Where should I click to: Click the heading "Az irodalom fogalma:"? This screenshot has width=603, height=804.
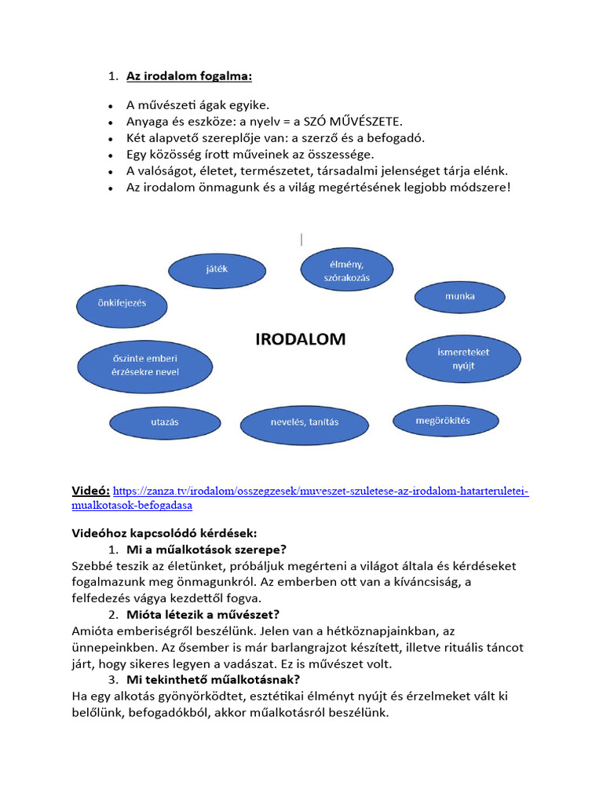189,76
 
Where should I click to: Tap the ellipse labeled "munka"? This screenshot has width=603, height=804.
460,297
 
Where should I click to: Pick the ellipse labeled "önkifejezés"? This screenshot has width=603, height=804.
122,302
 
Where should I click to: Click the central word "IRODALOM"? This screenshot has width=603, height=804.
301,339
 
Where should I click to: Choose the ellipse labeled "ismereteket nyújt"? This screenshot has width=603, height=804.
463,359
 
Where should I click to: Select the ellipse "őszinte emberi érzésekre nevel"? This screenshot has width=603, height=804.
145,366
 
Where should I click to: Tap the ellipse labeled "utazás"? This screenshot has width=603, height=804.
165,422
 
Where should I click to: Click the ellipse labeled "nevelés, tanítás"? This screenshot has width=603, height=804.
305,422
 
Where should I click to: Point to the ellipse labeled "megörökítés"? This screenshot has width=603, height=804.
443,421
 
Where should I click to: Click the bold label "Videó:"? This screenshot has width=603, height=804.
91,491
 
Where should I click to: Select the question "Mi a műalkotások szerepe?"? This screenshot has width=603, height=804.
206,550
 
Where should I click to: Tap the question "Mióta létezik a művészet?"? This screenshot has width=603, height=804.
203,614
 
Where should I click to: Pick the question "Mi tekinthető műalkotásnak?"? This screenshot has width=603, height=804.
213,679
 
